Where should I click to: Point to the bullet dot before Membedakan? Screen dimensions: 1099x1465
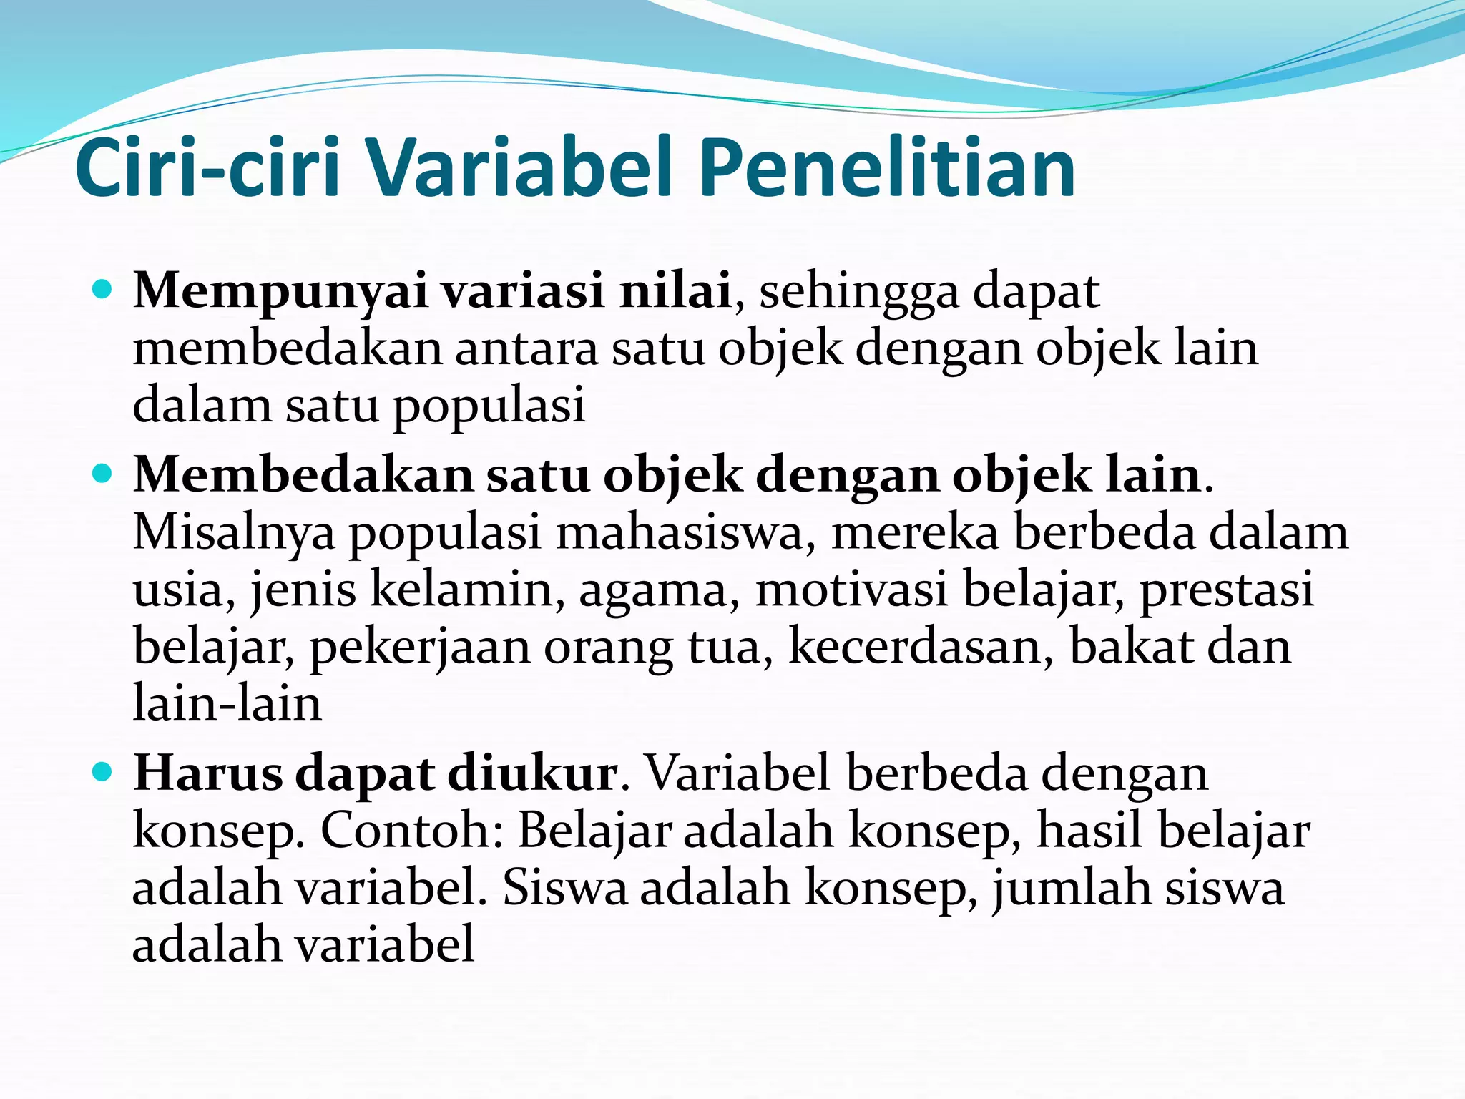(103, 474)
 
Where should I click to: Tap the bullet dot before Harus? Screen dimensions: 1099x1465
(103, 772)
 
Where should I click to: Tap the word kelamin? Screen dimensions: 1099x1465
(462, 590)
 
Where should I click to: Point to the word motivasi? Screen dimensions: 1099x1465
(851, 590)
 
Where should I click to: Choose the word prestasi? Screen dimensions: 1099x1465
(1226, 590)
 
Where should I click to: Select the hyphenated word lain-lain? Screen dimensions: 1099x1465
(227, 703)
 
